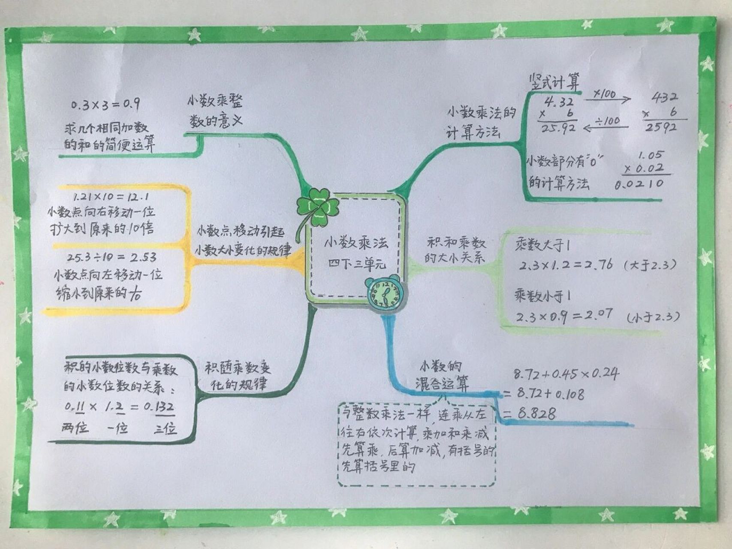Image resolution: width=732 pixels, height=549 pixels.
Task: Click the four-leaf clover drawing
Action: click(318, 208)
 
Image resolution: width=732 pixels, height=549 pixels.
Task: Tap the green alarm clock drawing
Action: click(385, 293)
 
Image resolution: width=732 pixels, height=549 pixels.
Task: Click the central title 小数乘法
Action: click(356, 243)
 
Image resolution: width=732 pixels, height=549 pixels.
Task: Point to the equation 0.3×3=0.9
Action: click(105, 104)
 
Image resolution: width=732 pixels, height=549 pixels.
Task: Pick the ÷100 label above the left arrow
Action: click(608, 121)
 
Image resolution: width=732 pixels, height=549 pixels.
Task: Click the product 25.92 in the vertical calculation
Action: click(558, 128)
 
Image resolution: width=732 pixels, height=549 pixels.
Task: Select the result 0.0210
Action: click(639, 184)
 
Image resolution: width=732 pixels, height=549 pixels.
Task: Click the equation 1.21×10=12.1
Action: click(111, 197)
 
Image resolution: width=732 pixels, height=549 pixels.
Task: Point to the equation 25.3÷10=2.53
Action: click(112, 258)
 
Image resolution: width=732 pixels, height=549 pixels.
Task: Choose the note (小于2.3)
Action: click(653, 317)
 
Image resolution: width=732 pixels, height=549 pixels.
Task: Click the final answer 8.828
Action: click(536, 413)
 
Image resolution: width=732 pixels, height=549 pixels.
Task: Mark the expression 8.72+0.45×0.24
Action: click(566, 374)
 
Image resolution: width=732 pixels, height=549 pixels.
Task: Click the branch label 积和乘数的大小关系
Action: click(455, 250)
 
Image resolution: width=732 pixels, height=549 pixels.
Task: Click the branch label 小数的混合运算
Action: click(442, 376)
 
